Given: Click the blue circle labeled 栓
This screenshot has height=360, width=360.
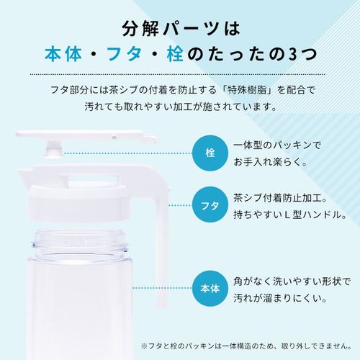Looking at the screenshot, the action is [210, 153].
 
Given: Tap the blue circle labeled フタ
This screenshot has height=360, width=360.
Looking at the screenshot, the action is [210, 204].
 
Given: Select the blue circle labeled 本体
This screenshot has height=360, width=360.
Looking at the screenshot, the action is [210, 289].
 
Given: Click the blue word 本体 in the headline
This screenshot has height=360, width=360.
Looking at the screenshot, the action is [63, 54].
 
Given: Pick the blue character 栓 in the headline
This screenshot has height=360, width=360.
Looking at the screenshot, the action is [176, 54].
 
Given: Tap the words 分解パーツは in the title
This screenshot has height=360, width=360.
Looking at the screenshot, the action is [181, 30].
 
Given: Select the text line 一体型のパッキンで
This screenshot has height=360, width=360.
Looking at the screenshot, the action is [277, 145].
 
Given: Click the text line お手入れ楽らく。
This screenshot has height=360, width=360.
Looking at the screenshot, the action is [271, 162].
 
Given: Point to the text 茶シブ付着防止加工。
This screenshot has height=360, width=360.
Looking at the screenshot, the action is [281, 198].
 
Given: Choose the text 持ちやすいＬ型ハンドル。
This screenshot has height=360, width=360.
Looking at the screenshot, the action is [290, 215].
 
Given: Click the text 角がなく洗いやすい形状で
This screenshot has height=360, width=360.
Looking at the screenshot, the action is [292, 282].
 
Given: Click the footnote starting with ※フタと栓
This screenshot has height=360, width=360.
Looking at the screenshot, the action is [246, 346].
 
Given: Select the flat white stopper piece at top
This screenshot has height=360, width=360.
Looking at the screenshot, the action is [86, 135].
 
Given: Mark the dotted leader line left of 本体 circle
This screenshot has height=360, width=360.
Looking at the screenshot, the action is [162, 288].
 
